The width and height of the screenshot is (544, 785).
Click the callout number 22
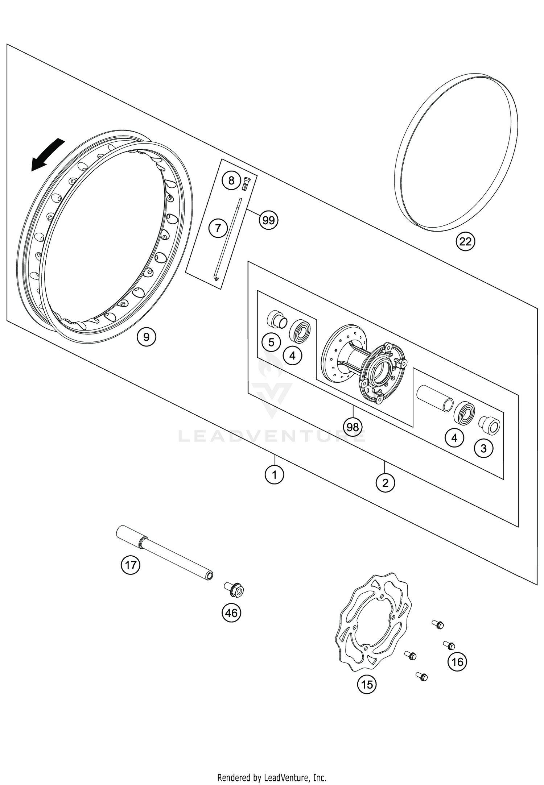point(465,241)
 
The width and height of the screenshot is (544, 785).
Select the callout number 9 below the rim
point(146,337)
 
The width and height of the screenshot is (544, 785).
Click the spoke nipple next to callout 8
point(246,182)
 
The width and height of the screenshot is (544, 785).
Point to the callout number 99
point(268,220)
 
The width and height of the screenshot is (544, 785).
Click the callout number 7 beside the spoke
point(218,228)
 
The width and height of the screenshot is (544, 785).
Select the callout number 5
point(271,342)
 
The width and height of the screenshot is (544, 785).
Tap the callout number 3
point(483,448)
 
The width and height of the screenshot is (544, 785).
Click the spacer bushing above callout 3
point(490,425)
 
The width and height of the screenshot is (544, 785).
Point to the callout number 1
point(275,474)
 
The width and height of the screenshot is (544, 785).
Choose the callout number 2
point(385,483)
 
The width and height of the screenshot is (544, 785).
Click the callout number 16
point(457,662)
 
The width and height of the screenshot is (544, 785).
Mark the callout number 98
point(353,427)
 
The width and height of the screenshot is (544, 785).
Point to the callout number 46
point(231,613)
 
